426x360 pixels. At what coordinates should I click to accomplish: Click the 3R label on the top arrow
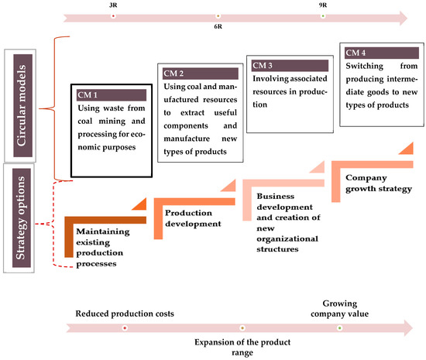pyautogui.click(x=115, y=5)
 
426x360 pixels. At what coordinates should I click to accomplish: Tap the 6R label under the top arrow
pyautogui.click(x=218, y=27)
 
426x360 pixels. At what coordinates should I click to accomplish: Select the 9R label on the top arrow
pyautogui.click(x=322, y=5)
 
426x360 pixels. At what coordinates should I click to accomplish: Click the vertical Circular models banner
pyautogui.click(x=27, y=107)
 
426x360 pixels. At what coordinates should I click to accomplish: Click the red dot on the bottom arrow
pyautogui.click(x=125, y=327)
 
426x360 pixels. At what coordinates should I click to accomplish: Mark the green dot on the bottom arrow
pyautogui.click(x=339, y=327)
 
